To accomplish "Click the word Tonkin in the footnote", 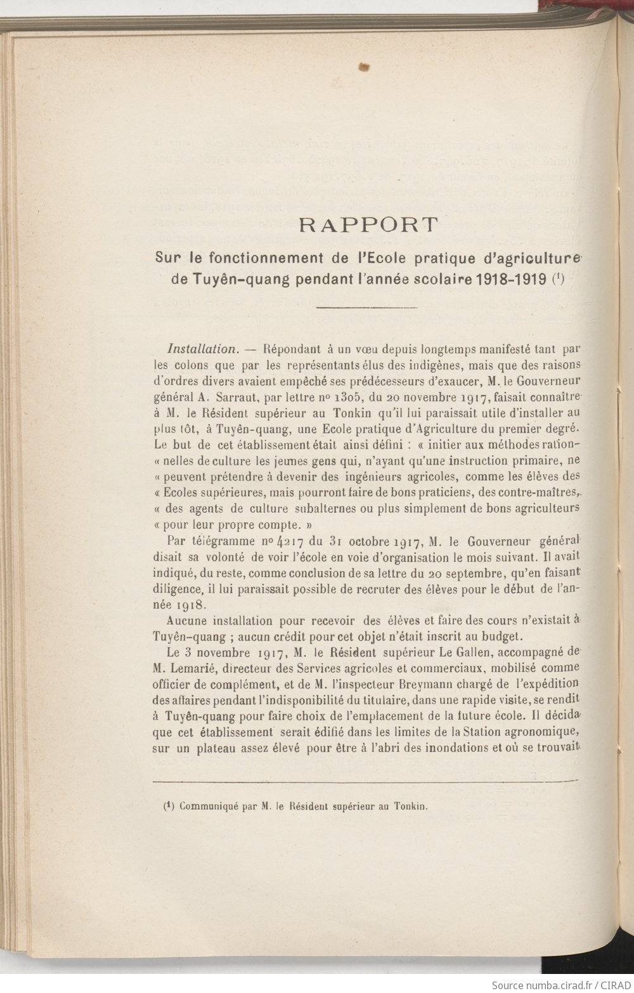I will coord(410,807).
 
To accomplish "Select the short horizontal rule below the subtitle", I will coord(366,308).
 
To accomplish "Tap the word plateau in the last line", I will coord(216,747).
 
